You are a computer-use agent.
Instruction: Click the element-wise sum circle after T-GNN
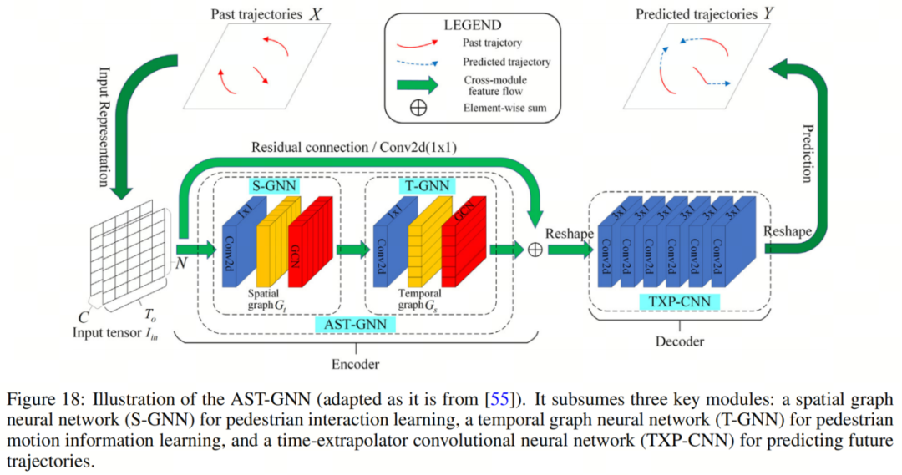point(534,249)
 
